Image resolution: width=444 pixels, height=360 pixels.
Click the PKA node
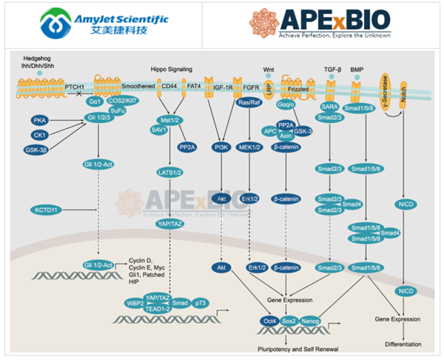point(40,119)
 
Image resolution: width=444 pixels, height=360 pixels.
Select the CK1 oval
point(40,135)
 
